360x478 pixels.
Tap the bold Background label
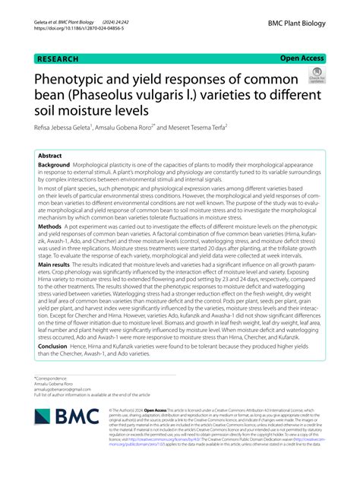pos(54,165)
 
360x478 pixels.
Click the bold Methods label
pos(49,226)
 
